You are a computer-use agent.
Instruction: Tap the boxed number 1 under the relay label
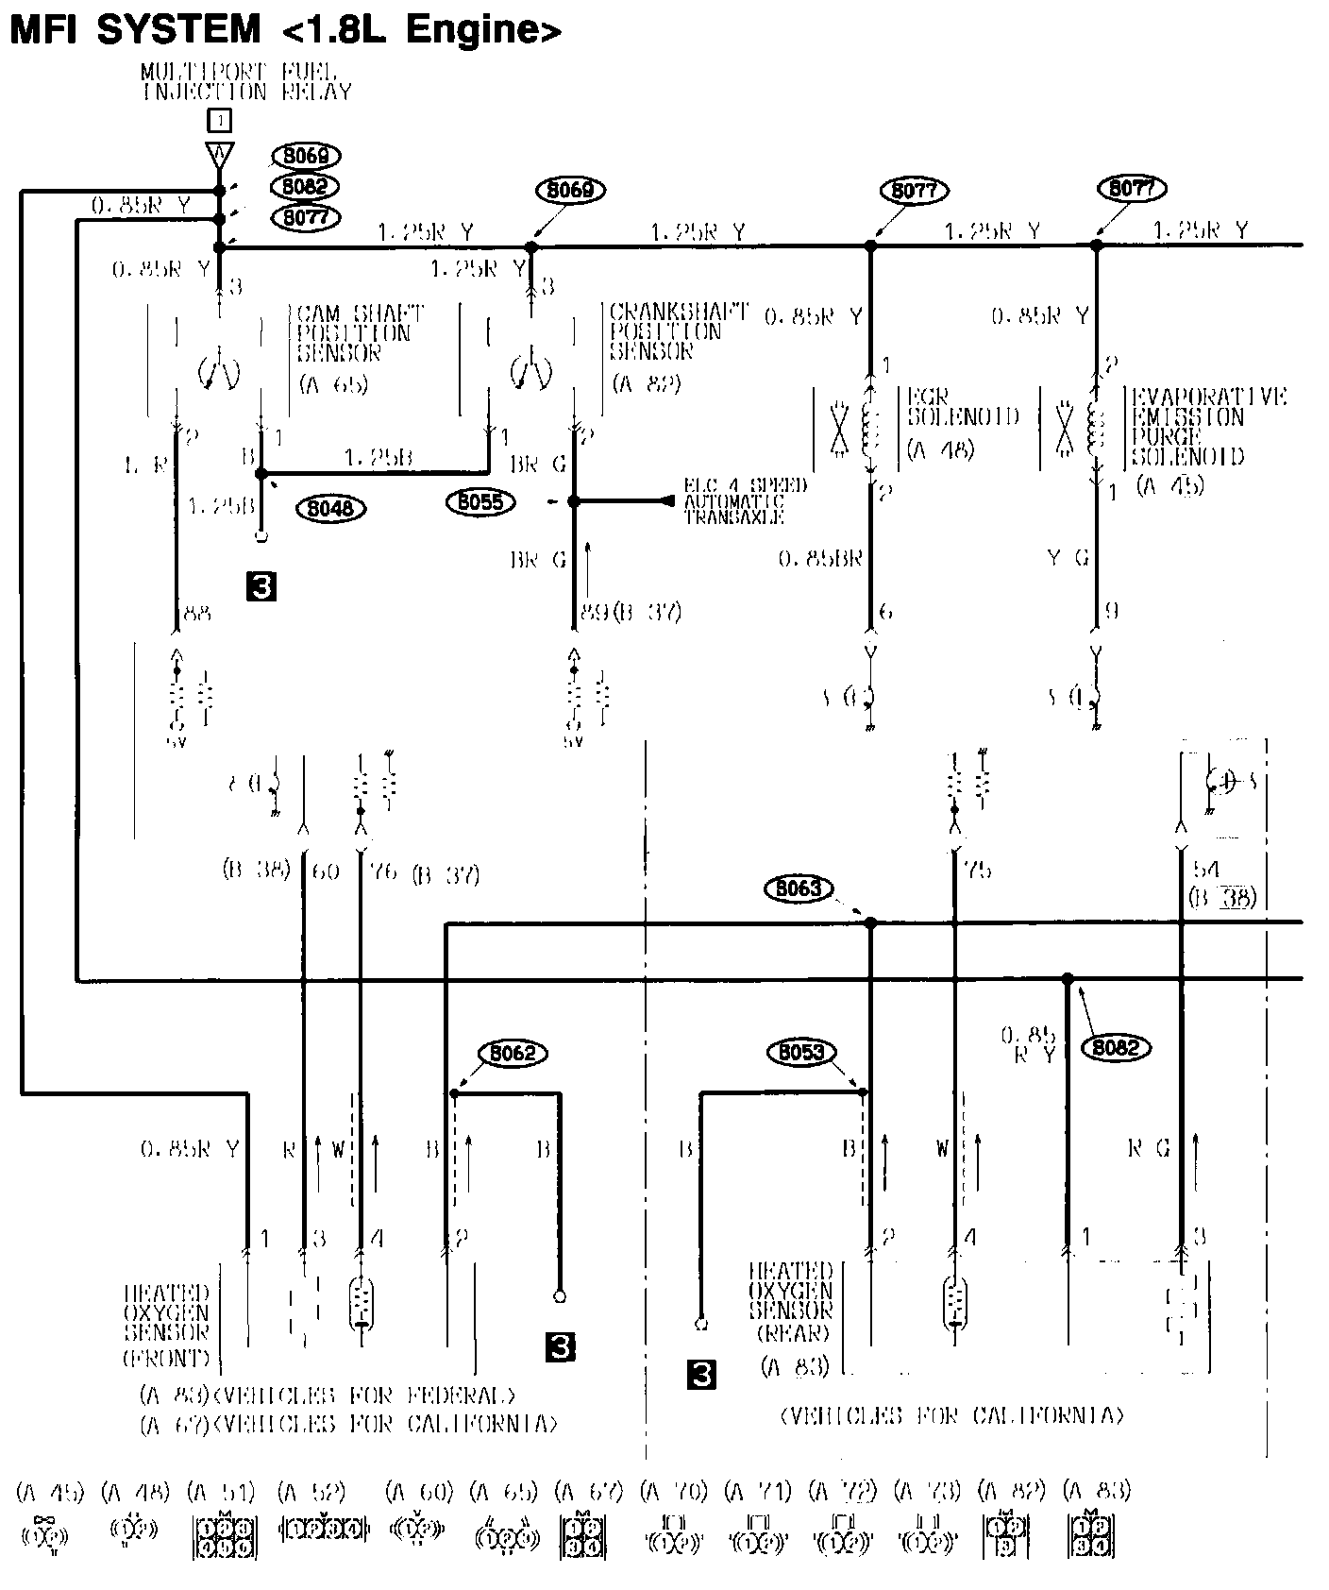[219, 120]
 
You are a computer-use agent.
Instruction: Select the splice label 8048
[330, 509]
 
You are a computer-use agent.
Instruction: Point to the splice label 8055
[480, 501]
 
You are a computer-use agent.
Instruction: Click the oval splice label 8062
[513, 1053]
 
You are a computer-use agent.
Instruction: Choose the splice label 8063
[799, 888]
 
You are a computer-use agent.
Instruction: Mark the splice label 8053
[801, 1052]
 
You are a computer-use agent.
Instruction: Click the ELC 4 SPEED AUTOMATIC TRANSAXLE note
[746, 501]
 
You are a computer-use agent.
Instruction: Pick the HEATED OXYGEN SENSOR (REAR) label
[792, 1302]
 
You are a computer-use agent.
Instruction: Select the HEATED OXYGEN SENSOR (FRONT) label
[167, 1325]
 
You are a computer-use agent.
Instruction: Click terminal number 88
[196, 614]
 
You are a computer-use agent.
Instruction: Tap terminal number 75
[978, 870]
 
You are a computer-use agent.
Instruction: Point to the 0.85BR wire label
[820, 559]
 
